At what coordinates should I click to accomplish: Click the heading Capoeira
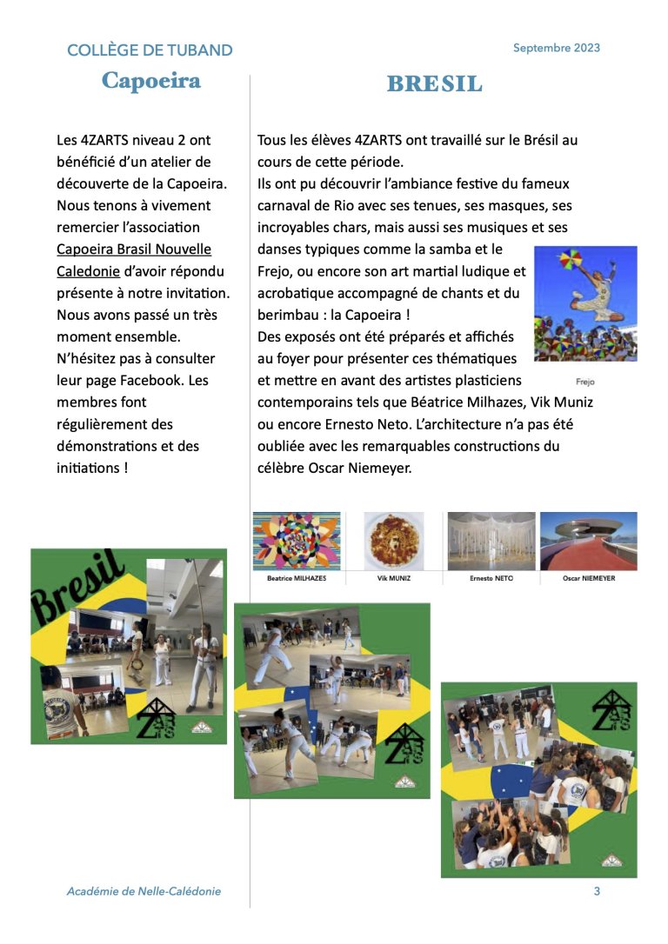click(x=151, y=81)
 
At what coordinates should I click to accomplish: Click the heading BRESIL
click(x=434, y=84)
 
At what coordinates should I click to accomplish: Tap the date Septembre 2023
click(x=556, y=48)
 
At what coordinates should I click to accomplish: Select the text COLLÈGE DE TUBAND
click(x=150, y=50)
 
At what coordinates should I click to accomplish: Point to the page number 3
click(x=597, y=891)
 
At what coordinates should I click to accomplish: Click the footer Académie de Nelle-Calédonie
click(x=144, y=891)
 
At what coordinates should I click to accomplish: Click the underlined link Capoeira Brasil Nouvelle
click(x=134, y=249)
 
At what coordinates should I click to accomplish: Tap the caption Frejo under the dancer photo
click(x=584, y=381)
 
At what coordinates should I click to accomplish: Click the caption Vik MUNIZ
click(x=394, y=577)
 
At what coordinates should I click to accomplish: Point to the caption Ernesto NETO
click(x=491, y=577)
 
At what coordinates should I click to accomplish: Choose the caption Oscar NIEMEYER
click(x=588, y=577)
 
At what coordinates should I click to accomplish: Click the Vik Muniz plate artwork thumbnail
click(x=394, y=541)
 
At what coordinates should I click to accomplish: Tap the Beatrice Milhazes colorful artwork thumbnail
click(x=297, y=541)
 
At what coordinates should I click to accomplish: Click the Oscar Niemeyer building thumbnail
click(x=588, y=541)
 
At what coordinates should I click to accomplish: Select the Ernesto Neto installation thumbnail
click(x=491, y=541)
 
